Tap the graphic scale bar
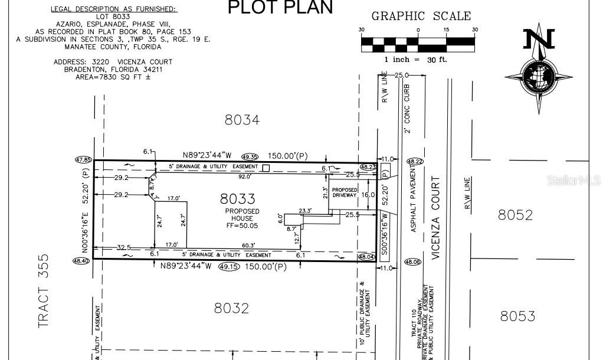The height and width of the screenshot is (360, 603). pyautogui.click(x=418, y=42)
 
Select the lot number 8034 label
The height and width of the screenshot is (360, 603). pyautogui.click(x=242, y=120)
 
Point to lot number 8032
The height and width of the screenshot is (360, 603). pyautogui.click(x=231, y=308)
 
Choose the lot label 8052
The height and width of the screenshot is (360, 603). pyautogui.click(x=515, y=215)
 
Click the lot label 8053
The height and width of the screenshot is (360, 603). pyautogui.click(x=517, y=316)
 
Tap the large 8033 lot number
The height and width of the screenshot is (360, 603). pyautogui.click(x=238, y=199)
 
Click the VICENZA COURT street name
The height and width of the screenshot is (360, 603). pyautogui.click(x=437, y=218)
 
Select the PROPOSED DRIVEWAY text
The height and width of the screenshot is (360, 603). pyautogui.click(x=345, y=192)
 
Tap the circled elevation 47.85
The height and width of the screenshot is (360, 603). pyautogui.click(x=83, y=159)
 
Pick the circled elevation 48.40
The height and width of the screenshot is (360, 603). pyautogui.click(x=81, y=260)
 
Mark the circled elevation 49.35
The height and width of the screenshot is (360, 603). pyautogui.click(x=250, y=156)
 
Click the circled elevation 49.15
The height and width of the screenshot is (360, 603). pyautogui.click(x=229, y=267)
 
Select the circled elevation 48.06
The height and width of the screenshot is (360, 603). pyautogui.click(x=413, y=262)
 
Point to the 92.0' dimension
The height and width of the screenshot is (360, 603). pyautogui.click(x=244, y=176)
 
